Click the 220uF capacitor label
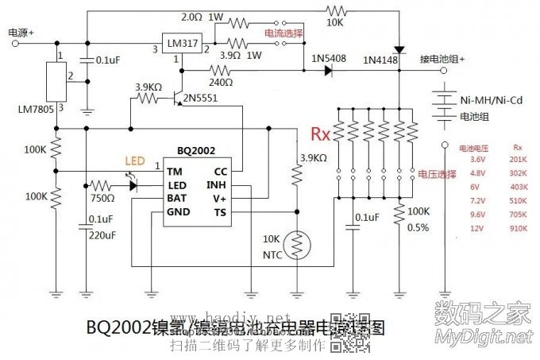103,235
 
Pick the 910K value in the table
518,229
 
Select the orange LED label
135,161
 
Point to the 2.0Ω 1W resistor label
202,16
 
